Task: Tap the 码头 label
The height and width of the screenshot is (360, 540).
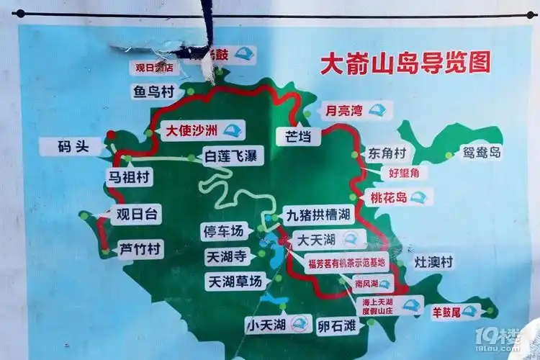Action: click(73, 146)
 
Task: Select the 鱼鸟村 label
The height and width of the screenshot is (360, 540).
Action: click(153, 92)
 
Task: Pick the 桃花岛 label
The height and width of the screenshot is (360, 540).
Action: click(390, 197)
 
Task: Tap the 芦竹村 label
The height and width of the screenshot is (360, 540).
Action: click(140, 249)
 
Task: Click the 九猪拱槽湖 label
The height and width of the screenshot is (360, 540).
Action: click(318, 215)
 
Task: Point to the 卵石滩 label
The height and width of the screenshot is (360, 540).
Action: click(337, 325)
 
